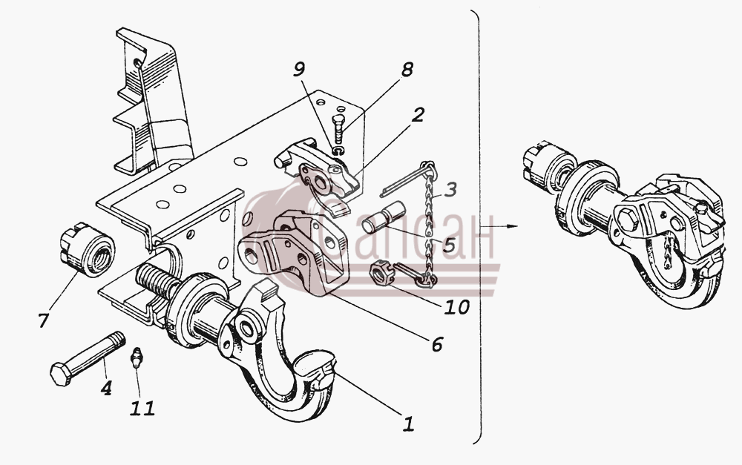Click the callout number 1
pyautogui.click(x=408, y=424)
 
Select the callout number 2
pyautogui.click(x=417, y=115)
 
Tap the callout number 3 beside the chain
pyautogui.click(x=450, y=189)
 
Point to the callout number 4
pyautogui.click(x=106, y=388)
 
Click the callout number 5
pyautogui.click(x=449, y=245)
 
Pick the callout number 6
pyautogui.click(x=436, y=344)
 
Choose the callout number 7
pyautogui.click(x=43, y=320)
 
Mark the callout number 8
pyautogui.click(x=407, y=70)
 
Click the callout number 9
pyautogui.click(x=298, y=70)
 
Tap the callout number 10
pyautogui.click(x=456, y=307)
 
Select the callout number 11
pyautogui.click(x=142, y=408)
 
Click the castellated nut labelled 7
pyautogui.click(x=87, y=249)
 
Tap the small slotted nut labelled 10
pyautogui.click(x=380, y=274)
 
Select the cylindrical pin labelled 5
pyautogui.click(x=384, y=217)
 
